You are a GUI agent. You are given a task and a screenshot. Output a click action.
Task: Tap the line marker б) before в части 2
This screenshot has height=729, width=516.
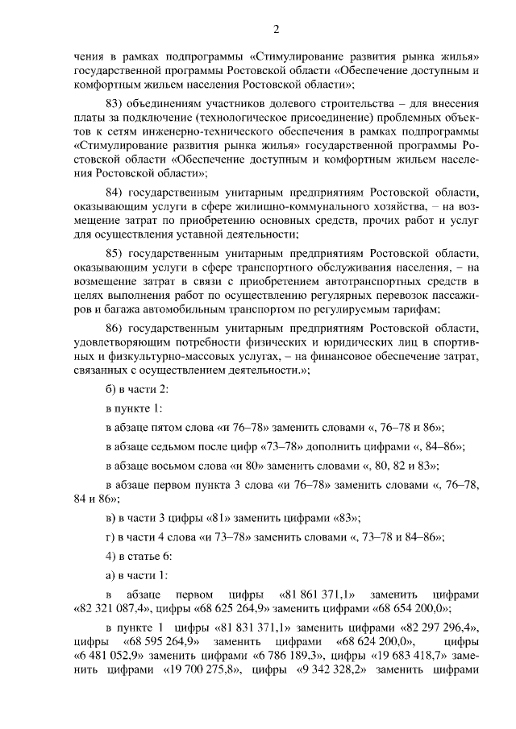tap(111, 390)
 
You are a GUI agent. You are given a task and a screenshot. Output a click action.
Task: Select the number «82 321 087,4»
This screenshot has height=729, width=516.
tap(108, 609)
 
